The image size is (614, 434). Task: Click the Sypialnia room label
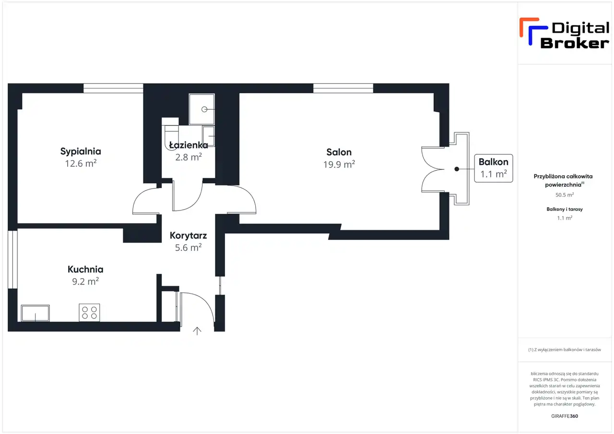[81, 152]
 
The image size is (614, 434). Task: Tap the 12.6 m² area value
[81, 164]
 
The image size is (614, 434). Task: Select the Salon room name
[339, 152]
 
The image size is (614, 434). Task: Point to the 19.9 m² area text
[339, 164]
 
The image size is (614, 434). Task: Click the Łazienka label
[189, 145]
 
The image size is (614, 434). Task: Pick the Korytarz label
[189, 235]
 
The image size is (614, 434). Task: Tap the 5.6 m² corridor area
[189, 247]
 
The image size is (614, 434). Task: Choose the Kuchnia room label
[85, 270]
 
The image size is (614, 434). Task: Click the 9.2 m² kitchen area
[85, 282]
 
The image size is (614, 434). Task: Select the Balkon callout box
[494, 168]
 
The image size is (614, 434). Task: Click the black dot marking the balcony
[457, 169]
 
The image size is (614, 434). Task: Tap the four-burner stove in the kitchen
[89, 312]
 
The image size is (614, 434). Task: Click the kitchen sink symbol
[35, 313]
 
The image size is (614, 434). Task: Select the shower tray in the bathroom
[202, 109]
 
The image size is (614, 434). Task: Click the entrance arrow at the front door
[197, 331]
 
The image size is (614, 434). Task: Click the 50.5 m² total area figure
[565, 195]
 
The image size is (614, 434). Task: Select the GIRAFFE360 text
[565, 416]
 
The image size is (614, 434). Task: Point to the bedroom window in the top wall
[113, 89]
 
